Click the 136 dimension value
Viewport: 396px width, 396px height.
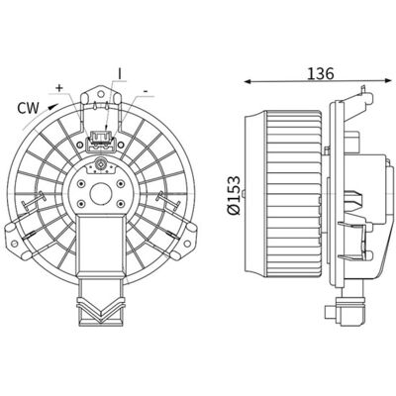pos(321,73)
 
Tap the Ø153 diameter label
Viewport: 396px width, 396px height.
pos(234,195)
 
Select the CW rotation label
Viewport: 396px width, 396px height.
pos(28,108)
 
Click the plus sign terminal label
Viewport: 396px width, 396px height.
pos(59,88)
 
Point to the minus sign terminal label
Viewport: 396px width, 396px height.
pos(146,91)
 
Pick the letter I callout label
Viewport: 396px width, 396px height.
pos(120,74)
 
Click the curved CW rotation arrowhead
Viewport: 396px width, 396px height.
pos(52,106)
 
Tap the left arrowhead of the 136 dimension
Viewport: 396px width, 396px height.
pos(247,81)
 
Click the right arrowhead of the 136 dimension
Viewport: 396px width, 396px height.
pos(386,79)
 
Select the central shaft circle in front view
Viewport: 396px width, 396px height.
pos(100,193)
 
